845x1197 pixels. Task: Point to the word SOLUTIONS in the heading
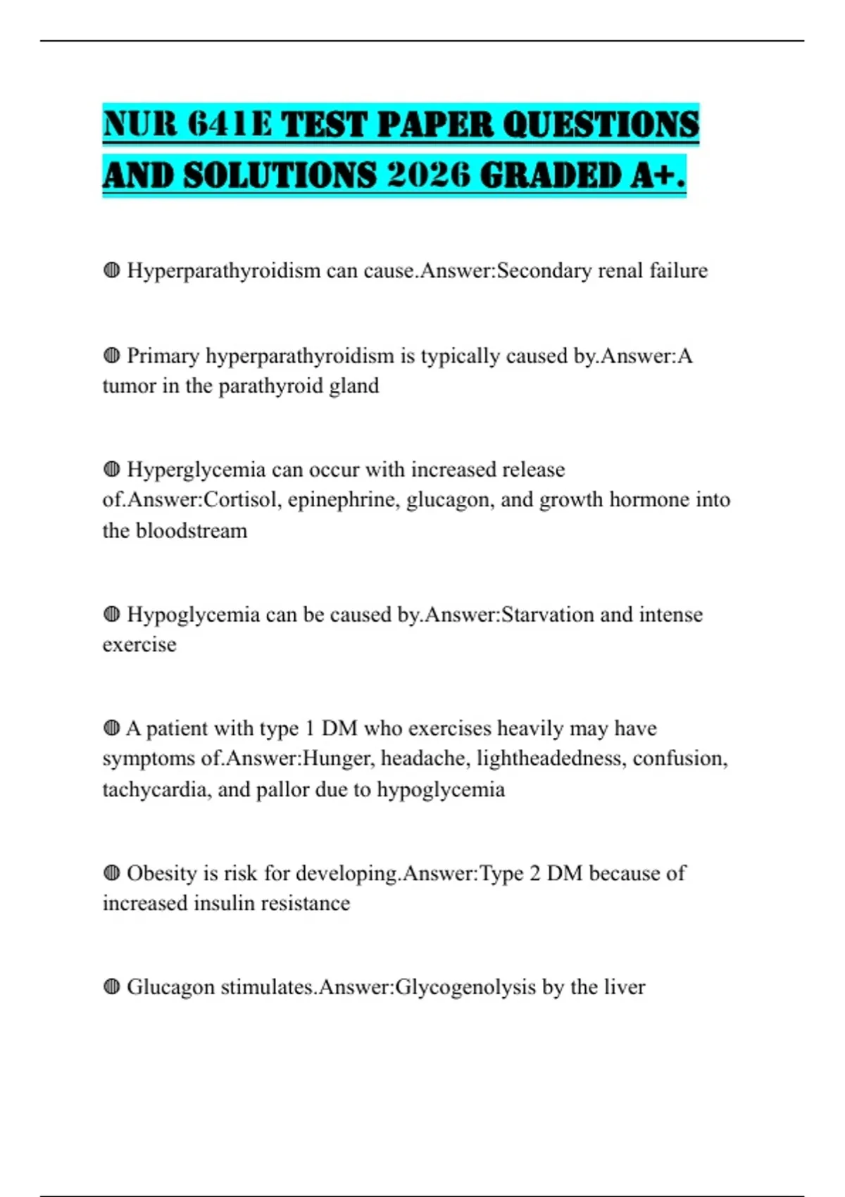pos(280,175)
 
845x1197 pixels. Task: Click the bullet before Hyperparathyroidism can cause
pos(111,270)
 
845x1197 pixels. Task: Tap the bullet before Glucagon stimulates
pos(111,986)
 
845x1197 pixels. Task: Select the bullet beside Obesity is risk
pos(111,873)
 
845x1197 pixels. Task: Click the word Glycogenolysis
pos(465,987)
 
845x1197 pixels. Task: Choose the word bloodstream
pos(192,530)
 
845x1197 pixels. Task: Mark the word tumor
pos(129,386)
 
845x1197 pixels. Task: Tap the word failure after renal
pos(678,270)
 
